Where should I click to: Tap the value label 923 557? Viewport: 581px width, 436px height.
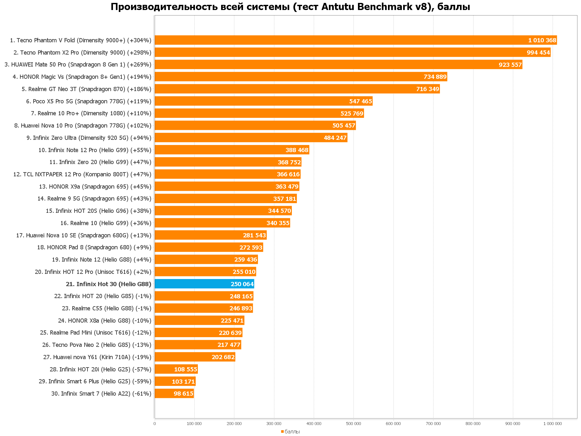(x=510, y=65)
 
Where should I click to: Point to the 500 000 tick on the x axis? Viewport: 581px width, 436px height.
(x=353, y=423)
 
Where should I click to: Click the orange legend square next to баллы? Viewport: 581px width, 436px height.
(x=282, y=431)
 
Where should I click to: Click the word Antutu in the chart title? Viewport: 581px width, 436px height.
(x=338, y=6)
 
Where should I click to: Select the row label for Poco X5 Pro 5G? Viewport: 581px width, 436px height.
(x=88, y=101)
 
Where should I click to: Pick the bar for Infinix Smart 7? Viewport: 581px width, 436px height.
(x=174, y=393)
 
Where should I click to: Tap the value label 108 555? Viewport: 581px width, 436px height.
(x=185, y=369)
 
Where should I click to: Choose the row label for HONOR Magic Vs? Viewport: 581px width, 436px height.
(x=82, y=77)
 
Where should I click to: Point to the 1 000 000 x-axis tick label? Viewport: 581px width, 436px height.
(x=553, y=423)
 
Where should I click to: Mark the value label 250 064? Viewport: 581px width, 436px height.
(x=242, y=284)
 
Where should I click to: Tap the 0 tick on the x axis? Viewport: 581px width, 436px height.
(x=155, y=423)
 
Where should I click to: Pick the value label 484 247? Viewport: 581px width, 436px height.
(x=335, y=138)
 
